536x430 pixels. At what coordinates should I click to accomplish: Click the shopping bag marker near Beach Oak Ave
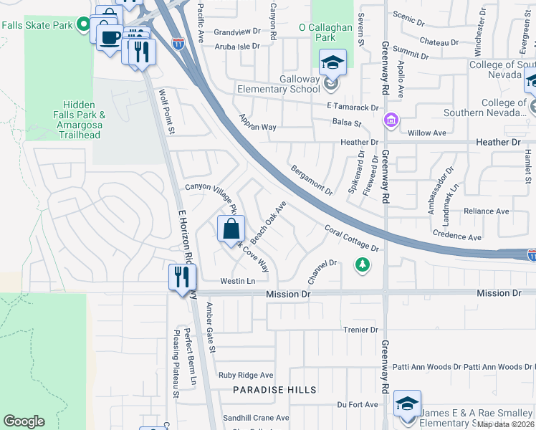click(231, 229)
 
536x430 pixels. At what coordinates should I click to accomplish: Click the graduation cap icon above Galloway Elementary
click(332, 63)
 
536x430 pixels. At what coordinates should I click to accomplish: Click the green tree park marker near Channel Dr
click(363, 265)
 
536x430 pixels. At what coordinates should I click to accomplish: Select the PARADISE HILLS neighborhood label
click(274, 390)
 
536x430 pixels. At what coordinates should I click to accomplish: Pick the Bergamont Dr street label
click(312, 180)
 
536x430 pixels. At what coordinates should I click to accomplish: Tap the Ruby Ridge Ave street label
click(246, 375)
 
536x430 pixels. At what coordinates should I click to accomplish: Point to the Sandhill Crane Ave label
click(255, 418)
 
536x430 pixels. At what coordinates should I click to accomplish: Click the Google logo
click(24, 421)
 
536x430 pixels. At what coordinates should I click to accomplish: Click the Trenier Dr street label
click(360, 330)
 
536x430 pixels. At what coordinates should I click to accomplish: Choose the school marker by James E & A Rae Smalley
click(407, 405)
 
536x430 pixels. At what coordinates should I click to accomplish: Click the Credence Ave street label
click(456, 236)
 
